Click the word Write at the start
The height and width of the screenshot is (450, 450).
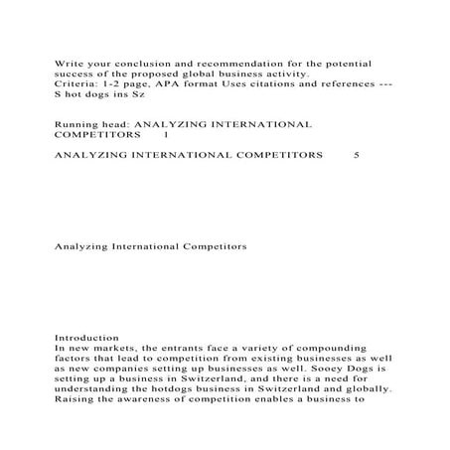tap(65, 62)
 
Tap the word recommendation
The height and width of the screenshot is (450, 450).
tap(226, 62)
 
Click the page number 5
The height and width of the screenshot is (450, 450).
tap(357, 156)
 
